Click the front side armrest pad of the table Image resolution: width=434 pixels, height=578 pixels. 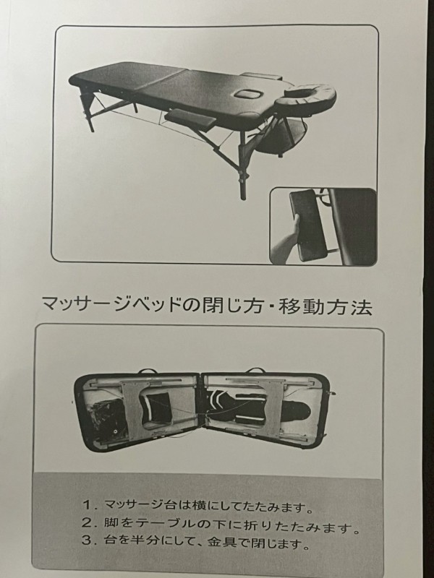pyautogui.click(x=190, y=118)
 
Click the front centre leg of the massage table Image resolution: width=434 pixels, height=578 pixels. pyautogui.click(x=242, y=166)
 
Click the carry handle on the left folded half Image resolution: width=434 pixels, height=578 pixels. pyautogui.click(x=146, y=371)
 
